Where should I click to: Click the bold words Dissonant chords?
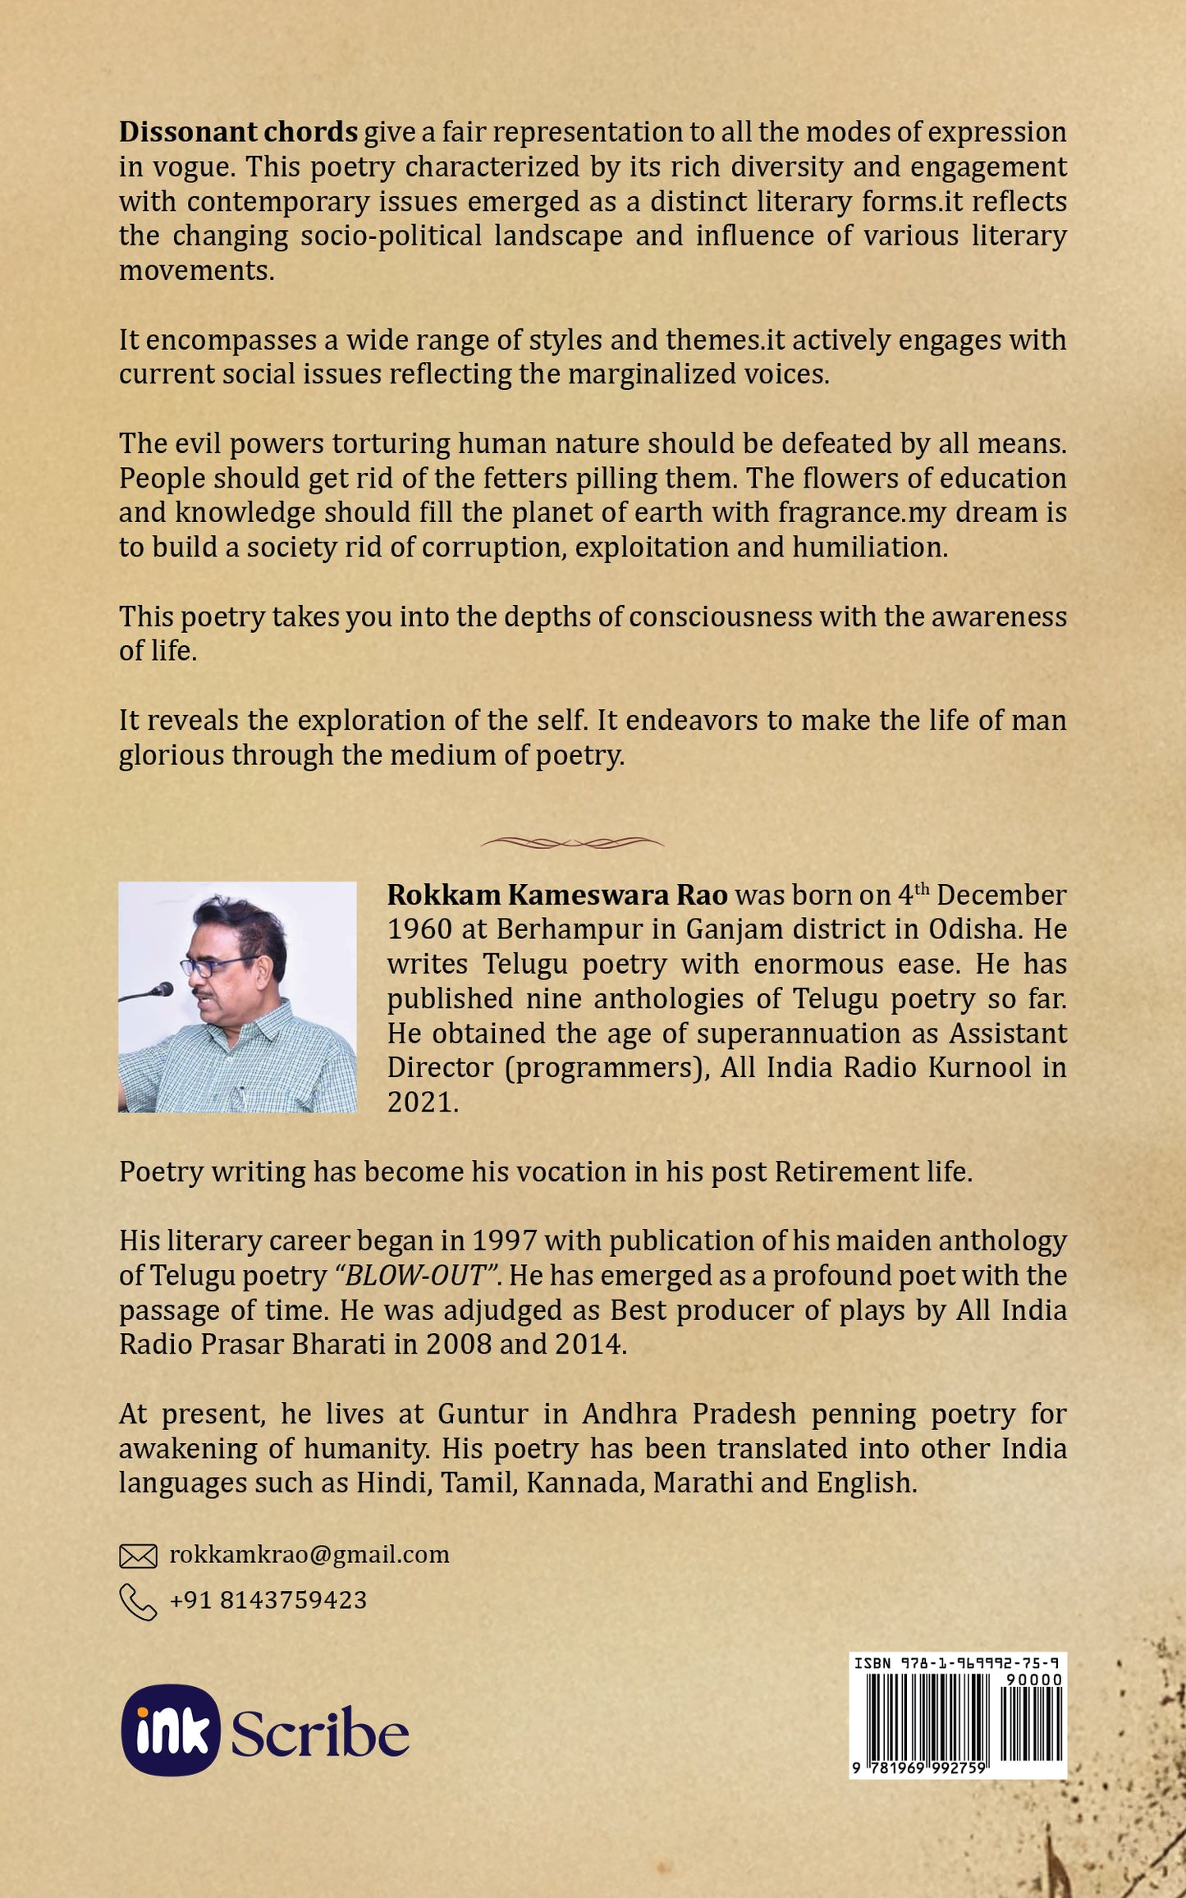(238, 132)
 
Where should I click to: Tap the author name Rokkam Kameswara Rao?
(557, 895)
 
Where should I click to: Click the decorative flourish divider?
(572, 842)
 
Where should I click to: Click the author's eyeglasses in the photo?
(215, 965)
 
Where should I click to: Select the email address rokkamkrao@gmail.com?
(309, 1554)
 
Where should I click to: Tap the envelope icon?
(138, 1556)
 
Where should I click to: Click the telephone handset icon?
(138, 1602)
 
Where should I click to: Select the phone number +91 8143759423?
(268, 1599)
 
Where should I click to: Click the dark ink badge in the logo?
(171, 1731)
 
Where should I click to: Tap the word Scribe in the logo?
(320, 1734)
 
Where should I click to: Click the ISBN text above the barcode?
(957, 1663)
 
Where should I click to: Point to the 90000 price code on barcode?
(1034, 1680)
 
